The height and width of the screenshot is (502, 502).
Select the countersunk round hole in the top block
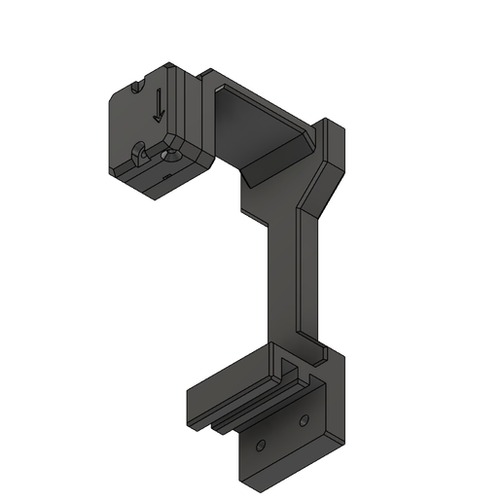coord(172,154)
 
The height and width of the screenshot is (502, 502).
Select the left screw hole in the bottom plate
coord(259,445)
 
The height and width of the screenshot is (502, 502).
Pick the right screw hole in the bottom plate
coord(304,420)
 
